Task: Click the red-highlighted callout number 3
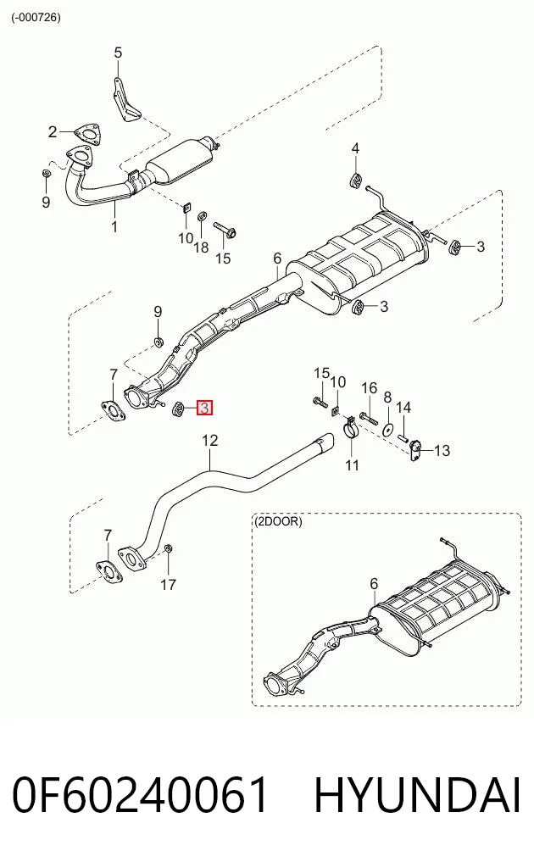[x=204, y=408]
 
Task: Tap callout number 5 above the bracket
[x=118, y=53]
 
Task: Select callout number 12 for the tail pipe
[x=210, y=441]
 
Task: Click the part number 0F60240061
[x=141, y=795]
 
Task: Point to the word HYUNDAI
[x=417, y=795]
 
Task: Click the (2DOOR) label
[x=278, y=521]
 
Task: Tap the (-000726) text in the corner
[x=36, y=17]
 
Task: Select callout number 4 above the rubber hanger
[x=356, y=148]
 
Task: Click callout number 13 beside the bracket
[x=442, y=451]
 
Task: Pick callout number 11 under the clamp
[x=352, y=465]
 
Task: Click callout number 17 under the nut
[x=169, y=584]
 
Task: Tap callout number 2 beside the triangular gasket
[x=53, y=132]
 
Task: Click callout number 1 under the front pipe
[x=114, y=226]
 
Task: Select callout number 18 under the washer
[x=201, y=247]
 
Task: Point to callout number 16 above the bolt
[x=369, y=388]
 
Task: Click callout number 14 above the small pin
[x=403, y=408]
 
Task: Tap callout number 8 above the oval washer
[x=387, y=398]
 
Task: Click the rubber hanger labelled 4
[x=356, y=180]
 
